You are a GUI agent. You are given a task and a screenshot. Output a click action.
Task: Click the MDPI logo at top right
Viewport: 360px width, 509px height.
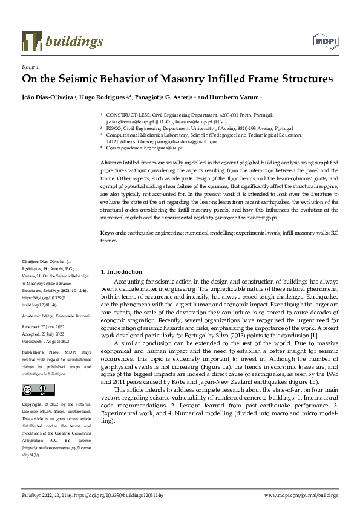point(325,41)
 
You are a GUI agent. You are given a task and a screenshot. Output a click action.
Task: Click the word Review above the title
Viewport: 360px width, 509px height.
point(30,68)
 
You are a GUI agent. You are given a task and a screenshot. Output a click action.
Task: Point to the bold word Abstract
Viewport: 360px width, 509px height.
point(111,164)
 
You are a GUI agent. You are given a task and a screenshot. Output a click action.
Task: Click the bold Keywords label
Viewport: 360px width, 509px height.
point(113,233)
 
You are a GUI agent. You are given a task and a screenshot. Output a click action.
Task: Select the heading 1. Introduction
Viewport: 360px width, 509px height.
point(121,271)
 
